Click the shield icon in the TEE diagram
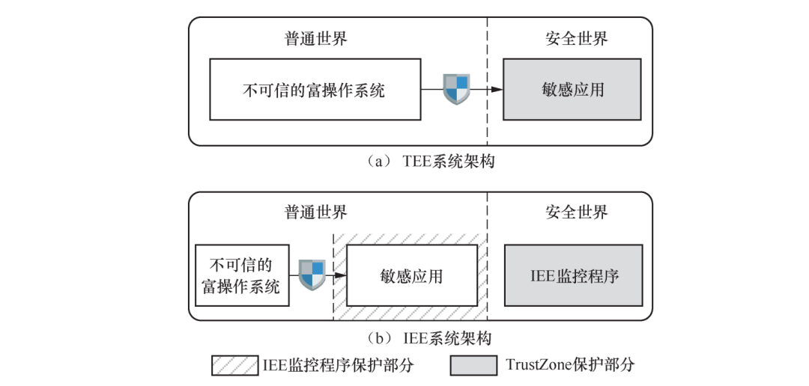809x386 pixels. pyautogui.click(x=456, y=89)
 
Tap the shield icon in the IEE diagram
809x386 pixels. pyautogui.click(x=312, y=275)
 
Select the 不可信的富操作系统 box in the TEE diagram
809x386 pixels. pyautogui.click(x=314, y=91)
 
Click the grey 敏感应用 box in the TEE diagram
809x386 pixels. pyautogui.click(x=572, y=91)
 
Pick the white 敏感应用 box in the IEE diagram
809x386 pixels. pyautogui.click(x=412, y=275)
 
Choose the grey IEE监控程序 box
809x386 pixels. pyautogui.click(x=573, y=275)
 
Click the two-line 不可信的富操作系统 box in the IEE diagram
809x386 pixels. pyautogui.click(x=240, y=275)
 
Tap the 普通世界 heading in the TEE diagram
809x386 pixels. pyautogui.click(x=316, y=39)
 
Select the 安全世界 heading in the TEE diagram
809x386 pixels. pyautogui.click(x=576, y=39)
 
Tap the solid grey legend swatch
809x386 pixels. pyautogui.click(x=473, y=365)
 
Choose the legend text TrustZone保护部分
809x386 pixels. pyautogui.click(x=570, y=365)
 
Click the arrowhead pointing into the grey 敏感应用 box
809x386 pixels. pyautogui.click(x=496, y=89)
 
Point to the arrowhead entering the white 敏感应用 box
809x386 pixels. pyautogui.click(x=341, y=275)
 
